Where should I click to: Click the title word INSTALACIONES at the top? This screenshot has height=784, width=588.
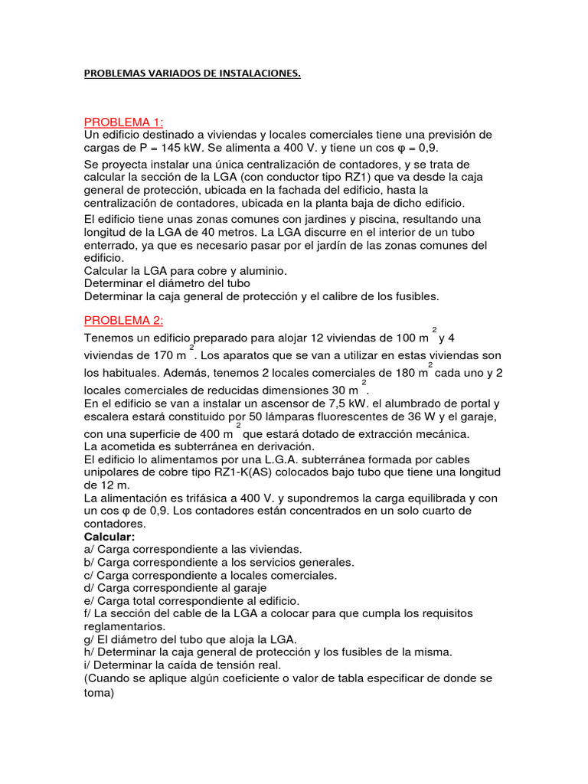pyautogui.click(x=259, y=73)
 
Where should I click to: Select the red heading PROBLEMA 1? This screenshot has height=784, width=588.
pyautogui.click(x=124, y=122)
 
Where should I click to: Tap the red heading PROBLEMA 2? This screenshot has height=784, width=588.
pyautogui.click(x=124, y=320)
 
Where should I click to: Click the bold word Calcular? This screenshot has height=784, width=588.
pyautogui.click(x=109, y=537)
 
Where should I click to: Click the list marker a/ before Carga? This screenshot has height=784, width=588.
pyautogui.click(x=89, y=550)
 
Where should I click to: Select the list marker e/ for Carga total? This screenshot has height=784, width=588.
pyautogui.click(x=89, y=601)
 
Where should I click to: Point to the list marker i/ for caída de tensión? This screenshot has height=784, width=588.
pyautogui.click(x=87, y=665)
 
